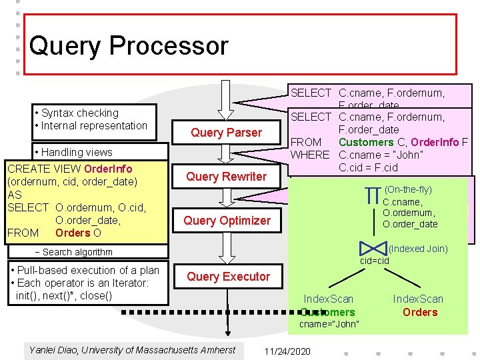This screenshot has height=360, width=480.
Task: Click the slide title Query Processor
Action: (129, 46)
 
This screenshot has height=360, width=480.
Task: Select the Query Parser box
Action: (226, 133)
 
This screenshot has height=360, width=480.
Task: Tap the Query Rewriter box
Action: (226, 177)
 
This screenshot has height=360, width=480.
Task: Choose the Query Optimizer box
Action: (227, 221)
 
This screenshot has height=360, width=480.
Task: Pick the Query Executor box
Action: (228, 277)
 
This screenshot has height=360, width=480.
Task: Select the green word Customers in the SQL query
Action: (366, 142)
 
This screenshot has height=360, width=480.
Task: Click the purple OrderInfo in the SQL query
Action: (435, 142)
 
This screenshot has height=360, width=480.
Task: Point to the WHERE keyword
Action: (310, 155)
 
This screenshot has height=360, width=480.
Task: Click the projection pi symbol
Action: (373, 196)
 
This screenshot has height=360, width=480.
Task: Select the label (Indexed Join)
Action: (417, 249)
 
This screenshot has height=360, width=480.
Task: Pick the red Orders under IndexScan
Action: (420, 312)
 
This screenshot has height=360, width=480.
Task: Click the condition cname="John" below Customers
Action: (329, 324)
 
